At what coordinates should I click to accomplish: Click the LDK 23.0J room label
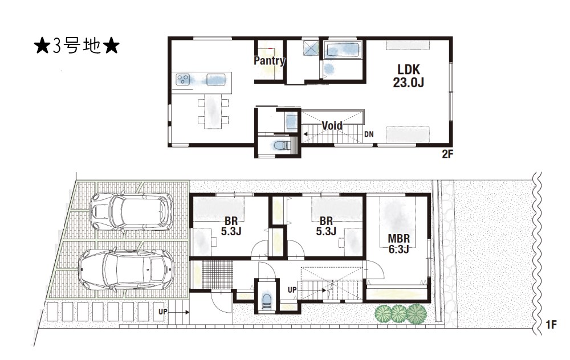[408, 76]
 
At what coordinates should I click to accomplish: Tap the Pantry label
[269, 60]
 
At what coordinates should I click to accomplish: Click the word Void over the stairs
[332, 126]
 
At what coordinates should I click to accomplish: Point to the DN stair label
[369, 134]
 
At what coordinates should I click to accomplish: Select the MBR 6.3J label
[399, 244]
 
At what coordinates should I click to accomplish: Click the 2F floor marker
[447, 154]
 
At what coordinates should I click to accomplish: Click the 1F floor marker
[551, 324]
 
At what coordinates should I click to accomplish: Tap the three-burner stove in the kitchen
[183, 79]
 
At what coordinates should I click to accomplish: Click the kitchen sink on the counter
[216, 79]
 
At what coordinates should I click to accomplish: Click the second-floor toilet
[280, 145]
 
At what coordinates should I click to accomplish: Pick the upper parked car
[132, 211]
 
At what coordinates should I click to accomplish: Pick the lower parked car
[127, 269]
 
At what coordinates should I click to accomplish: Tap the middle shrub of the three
[399, 312]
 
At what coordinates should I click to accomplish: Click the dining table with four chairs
[213, 111]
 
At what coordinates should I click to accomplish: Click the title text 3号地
[77, 46]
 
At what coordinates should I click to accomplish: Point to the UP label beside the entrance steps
[163, 312]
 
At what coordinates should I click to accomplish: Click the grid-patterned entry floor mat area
[217, 275]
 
